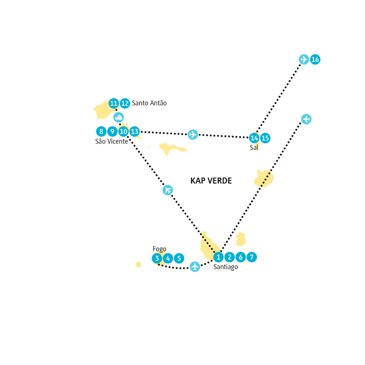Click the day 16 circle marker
(315, 59)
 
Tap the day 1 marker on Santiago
(218, 257)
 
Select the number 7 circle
(251, 257)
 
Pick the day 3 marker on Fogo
(157, 259)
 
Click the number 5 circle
(179, 259)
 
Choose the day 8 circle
(101, 132)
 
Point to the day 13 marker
(134, 132)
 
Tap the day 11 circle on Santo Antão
(114, 103)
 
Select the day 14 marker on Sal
(254, 138)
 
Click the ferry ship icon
(118, 117)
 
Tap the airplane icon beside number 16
(304, 59)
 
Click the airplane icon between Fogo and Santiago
(195, 267)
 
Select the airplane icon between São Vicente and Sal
(193, 134)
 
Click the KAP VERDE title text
(211, 181)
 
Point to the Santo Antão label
(149, 103)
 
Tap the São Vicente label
(112, 142)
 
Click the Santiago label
(226, 267)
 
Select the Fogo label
(160, 250)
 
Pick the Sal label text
(254, 148)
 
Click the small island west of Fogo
(138, 265)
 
